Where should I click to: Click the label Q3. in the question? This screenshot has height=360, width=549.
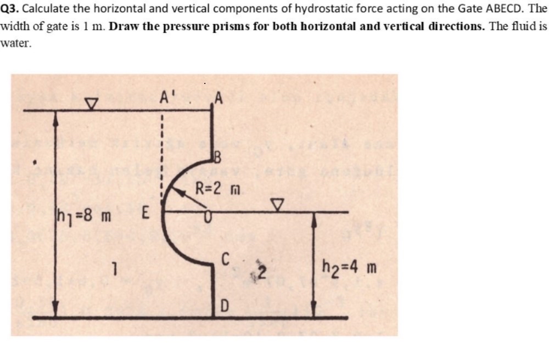10,9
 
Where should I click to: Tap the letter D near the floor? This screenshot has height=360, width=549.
225,305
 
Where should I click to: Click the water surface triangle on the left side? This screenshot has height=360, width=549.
91,103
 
